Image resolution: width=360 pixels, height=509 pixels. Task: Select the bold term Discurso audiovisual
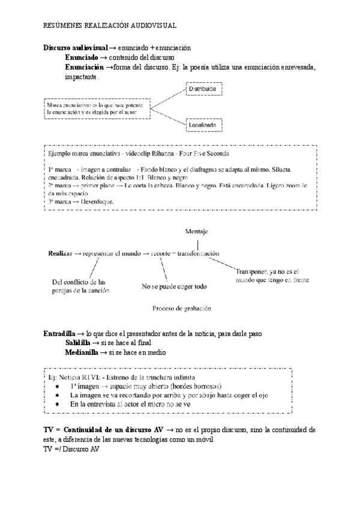point(76,47)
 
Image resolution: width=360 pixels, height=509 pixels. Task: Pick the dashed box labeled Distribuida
point(202,89)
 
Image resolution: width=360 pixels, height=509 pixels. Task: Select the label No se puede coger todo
point(173,286)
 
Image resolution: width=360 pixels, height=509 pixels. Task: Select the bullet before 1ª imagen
point(56,386)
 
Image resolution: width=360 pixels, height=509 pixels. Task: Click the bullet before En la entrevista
point(56,405)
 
